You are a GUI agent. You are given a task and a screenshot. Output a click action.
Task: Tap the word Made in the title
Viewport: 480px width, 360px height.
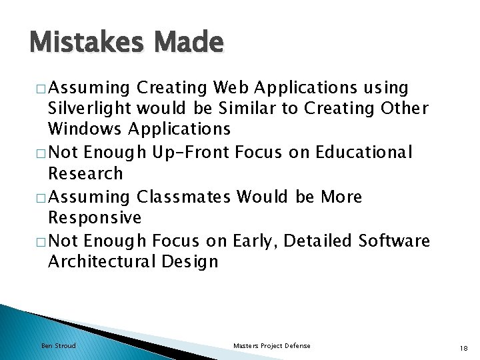(189, 43)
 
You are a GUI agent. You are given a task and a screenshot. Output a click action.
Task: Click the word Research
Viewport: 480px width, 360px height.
(85, 173)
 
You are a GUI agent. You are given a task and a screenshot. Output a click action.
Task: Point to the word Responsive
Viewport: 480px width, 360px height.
(95, 218)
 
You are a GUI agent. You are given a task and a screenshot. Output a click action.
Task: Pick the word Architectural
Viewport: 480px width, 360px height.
(102, 261)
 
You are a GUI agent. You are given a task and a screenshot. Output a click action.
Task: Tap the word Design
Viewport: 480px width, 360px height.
(190, 261)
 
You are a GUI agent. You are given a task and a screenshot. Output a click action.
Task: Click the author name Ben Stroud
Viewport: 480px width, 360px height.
(59, 345)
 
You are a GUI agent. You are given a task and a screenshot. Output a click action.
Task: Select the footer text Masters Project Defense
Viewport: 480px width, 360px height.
(271, 345)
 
